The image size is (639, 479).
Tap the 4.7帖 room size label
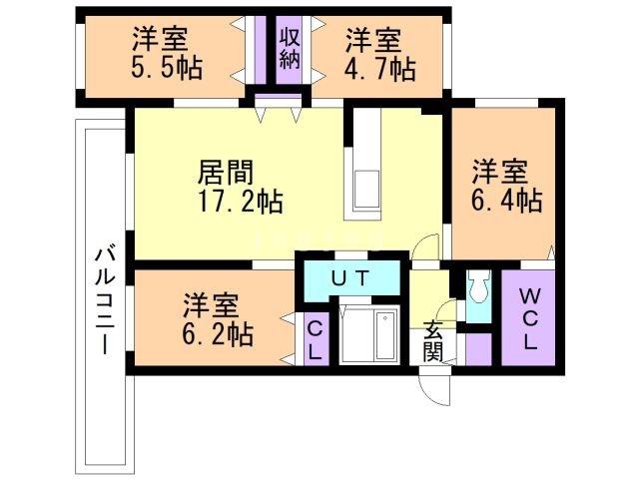380,69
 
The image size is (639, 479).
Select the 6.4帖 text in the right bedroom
507,200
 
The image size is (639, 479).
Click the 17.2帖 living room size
241,201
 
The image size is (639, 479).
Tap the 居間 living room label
224,170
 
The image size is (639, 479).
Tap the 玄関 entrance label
432,339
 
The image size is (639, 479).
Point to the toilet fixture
476,290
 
